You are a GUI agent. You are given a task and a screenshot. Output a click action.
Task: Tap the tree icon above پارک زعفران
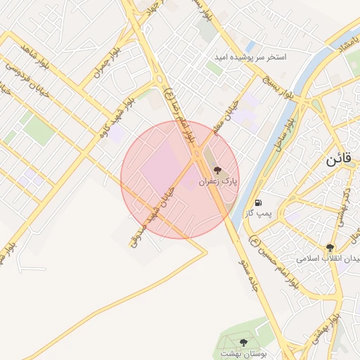217,170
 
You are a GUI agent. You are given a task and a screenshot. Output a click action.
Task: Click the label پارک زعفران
219,181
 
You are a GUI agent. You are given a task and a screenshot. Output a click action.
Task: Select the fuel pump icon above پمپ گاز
259,202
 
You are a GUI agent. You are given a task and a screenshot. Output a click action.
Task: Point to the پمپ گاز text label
258,212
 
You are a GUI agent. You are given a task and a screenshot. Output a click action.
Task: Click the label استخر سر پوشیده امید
252,56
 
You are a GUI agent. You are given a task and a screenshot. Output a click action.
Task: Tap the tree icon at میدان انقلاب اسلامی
329,247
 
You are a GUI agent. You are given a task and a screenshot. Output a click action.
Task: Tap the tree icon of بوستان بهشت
244,342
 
